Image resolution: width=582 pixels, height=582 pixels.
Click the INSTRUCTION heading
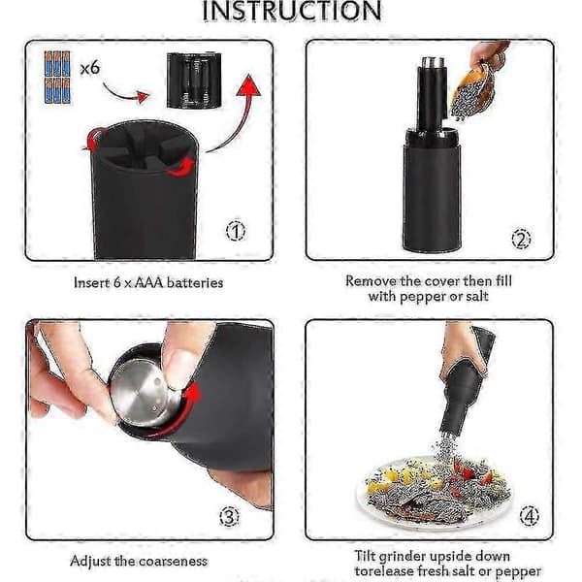click(x=292, y=11)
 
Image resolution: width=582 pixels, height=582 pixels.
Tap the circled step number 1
click(x=236, y=231)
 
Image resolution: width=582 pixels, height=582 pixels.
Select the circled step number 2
click(x=521, y=239)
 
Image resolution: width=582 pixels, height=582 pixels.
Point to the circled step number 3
click(x=229, y=516)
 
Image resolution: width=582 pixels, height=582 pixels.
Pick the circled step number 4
click(x=529, y=516)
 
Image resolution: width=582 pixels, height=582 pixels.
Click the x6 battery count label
click(x=90, y=68)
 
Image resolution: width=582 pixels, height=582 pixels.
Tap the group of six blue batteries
click(x=57, y=78)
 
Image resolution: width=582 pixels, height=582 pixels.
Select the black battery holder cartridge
click(x=194, y=81)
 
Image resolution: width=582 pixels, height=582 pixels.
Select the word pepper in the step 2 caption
click(x=422, y=297)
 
